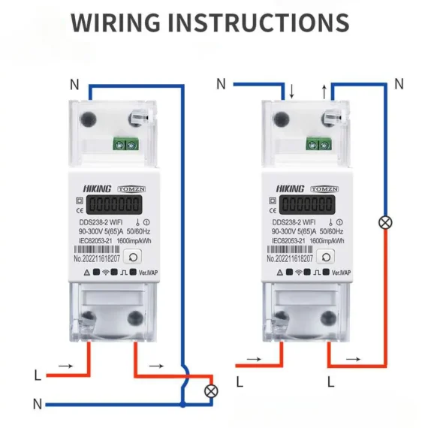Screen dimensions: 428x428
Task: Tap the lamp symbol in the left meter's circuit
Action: tap(212, 390)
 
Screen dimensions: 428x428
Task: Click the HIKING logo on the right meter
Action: tap(289, 188)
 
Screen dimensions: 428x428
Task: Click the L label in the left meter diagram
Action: tap(38, 373)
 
